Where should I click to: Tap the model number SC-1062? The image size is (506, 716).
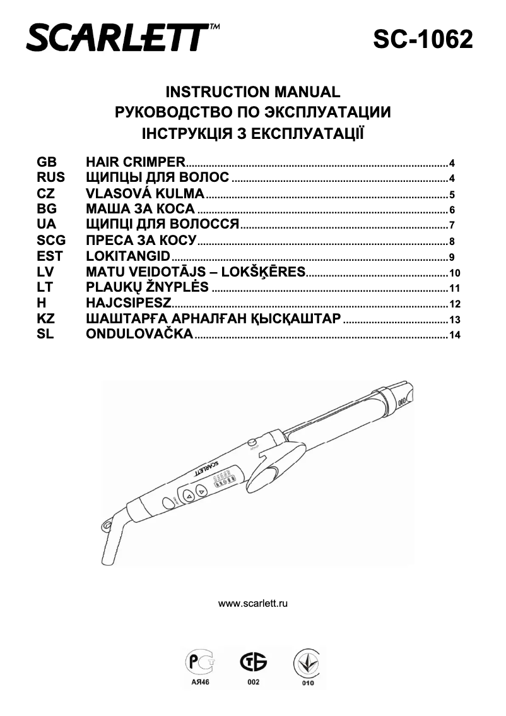(423, 39)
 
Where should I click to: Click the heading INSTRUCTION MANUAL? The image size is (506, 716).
(252, 92)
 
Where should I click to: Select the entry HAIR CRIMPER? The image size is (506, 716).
(136, 162)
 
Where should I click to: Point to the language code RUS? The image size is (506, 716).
(51, 177)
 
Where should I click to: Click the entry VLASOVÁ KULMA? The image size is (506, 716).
(145, 193)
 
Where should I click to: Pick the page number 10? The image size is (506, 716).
(455, 273)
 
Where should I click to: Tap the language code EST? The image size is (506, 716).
(50, 256)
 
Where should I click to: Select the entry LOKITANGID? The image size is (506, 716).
(129, 256)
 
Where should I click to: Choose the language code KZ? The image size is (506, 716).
(46, 318)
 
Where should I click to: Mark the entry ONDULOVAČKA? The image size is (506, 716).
(139, 334)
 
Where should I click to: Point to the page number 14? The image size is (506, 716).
(455, 336)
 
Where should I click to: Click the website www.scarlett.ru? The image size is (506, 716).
(253, 604)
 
